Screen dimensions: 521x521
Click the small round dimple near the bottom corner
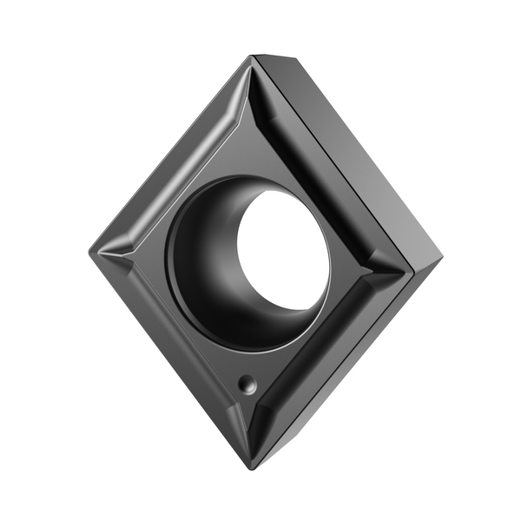click(248, 383)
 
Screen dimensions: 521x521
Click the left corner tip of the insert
click(90, 251)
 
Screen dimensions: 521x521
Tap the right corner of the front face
click(411, 265)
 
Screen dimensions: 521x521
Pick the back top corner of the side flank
click(295, 59)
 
